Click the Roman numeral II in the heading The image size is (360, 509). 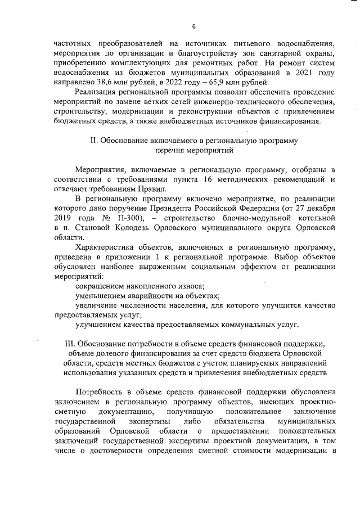(x=94, y=140)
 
